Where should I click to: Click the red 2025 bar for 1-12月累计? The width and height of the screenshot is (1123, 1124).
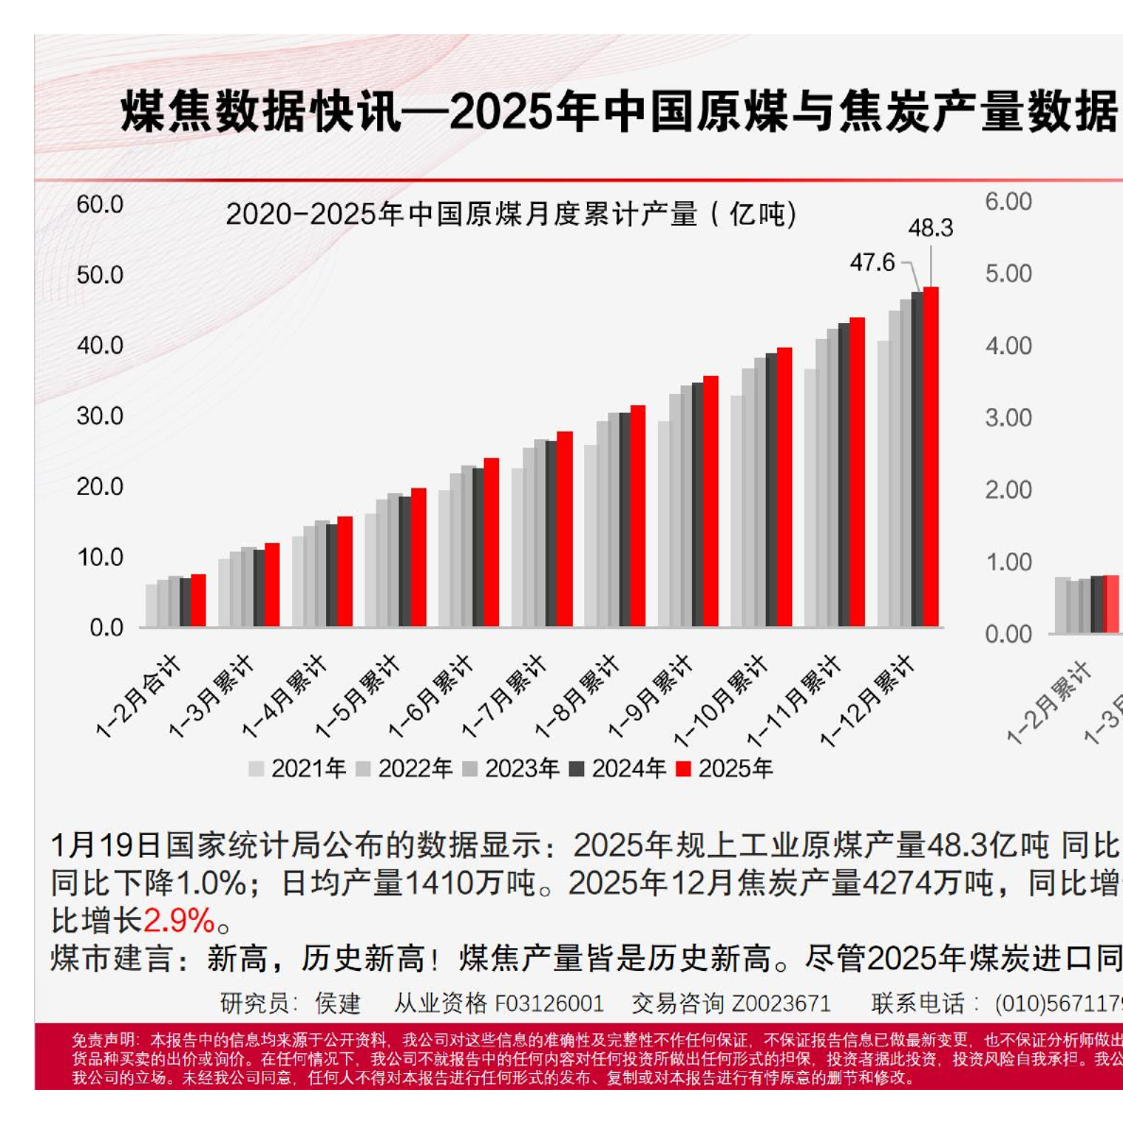click(x=931, y=457)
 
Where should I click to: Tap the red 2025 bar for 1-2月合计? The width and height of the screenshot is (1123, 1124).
click(x=199, y=601)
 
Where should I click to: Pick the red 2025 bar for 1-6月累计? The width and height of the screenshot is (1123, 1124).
click(x=492, y=542)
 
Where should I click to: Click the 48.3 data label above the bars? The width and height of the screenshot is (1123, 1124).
click(x=930, y=229)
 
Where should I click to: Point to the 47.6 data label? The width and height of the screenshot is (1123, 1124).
click(x=872, y=263)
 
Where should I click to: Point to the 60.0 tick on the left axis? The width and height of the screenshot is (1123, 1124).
click(x=100, y=205)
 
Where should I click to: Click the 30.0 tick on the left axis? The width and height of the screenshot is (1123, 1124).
click(x=100, y=417)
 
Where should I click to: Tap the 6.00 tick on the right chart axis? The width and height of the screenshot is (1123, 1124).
click(x=1009, y=202)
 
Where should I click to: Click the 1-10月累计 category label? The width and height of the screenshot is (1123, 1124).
click(x=720, y=701)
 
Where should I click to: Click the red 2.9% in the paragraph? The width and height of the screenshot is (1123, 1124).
click(x=180, y=920)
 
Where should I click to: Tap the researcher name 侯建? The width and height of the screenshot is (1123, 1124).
click(x=338, y=1003)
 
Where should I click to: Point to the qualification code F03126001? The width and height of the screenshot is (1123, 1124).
click(x=548, y=1003)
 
